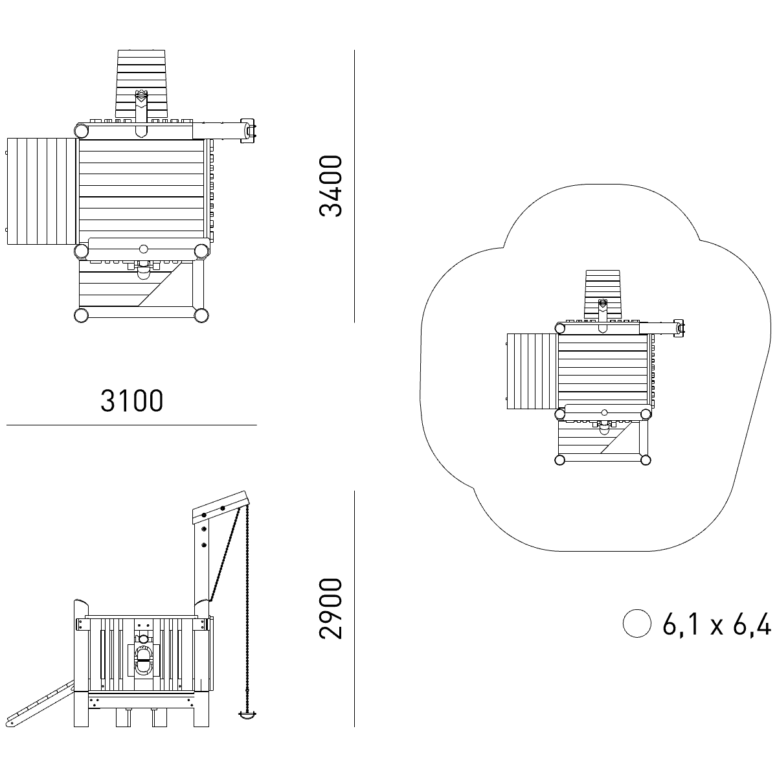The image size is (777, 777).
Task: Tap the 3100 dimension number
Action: pyautogui.click(x=131, y=400)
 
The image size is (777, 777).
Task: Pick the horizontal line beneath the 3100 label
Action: pyautogui.click(x=131, y=425)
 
